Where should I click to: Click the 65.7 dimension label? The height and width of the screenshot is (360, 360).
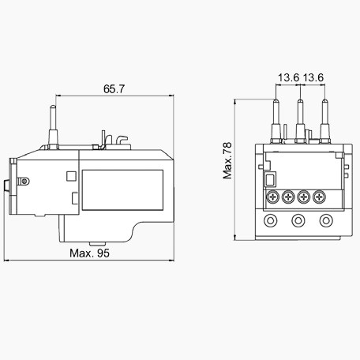point(114,89)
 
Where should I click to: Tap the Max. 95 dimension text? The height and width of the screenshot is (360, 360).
point(89,253)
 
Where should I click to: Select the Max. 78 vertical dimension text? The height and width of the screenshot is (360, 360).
point(227,160)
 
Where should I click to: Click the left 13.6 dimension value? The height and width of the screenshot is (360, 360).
point(289,77)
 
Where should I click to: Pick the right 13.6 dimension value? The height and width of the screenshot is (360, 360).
point(313,77)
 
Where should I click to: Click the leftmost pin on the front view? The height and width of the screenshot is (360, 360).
point(276,121)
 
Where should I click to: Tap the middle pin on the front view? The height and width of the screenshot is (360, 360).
point(300,121)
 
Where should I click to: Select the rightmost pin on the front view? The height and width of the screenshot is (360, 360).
point(324,121)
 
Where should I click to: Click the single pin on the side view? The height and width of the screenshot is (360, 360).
point(53,128)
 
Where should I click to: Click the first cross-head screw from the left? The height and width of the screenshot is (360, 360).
point(273,197)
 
